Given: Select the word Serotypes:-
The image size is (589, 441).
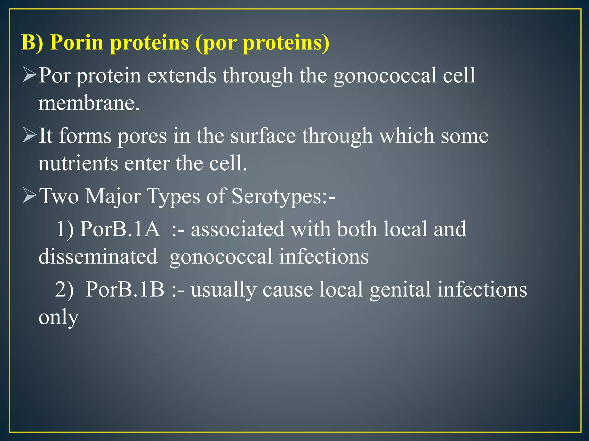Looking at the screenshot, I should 283,196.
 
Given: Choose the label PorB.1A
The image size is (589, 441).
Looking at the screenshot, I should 120,229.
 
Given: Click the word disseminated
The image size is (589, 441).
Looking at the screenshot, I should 98,256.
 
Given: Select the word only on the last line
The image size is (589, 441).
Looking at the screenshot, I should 58,317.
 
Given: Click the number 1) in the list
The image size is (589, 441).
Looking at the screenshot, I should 65,229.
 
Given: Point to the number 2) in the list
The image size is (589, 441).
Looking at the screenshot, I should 64,289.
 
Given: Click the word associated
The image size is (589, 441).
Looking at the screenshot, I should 238,229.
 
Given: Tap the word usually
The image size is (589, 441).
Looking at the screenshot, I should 223,290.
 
